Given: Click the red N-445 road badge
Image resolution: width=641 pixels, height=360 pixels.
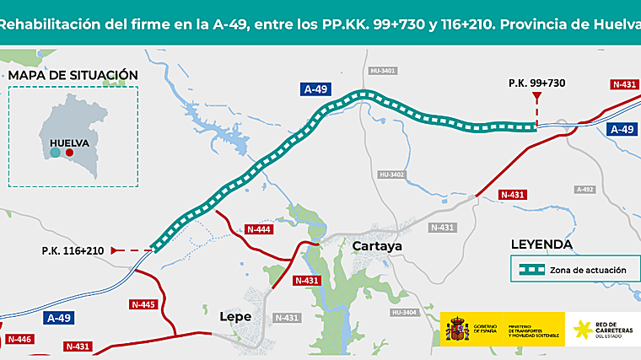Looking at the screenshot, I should [x=143, y=304].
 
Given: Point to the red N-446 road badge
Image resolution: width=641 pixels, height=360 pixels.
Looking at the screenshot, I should [x=19, y=339].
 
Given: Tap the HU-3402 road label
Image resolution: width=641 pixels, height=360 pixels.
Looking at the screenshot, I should [x=393, y=175].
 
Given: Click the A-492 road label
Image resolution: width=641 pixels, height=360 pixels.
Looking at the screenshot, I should [x=585, y=190].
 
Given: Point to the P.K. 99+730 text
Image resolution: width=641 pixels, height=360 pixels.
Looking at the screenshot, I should [x=536, y=83].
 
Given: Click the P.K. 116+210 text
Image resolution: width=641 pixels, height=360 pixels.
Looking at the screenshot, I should [x=73, y=250].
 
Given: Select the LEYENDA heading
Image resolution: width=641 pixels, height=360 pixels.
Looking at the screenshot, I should [x=541, y=244].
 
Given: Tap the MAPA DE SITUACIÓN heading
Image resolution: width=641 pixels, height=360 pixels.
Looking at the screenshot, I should [x=72, y=75].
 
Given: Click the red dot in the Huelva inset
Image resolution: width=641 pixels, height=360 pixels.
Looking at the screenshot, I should [x=70, y=153].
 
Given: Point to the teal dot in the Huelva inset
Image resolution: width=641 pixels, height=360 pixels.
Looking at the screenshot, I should [x=55, y=153].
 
